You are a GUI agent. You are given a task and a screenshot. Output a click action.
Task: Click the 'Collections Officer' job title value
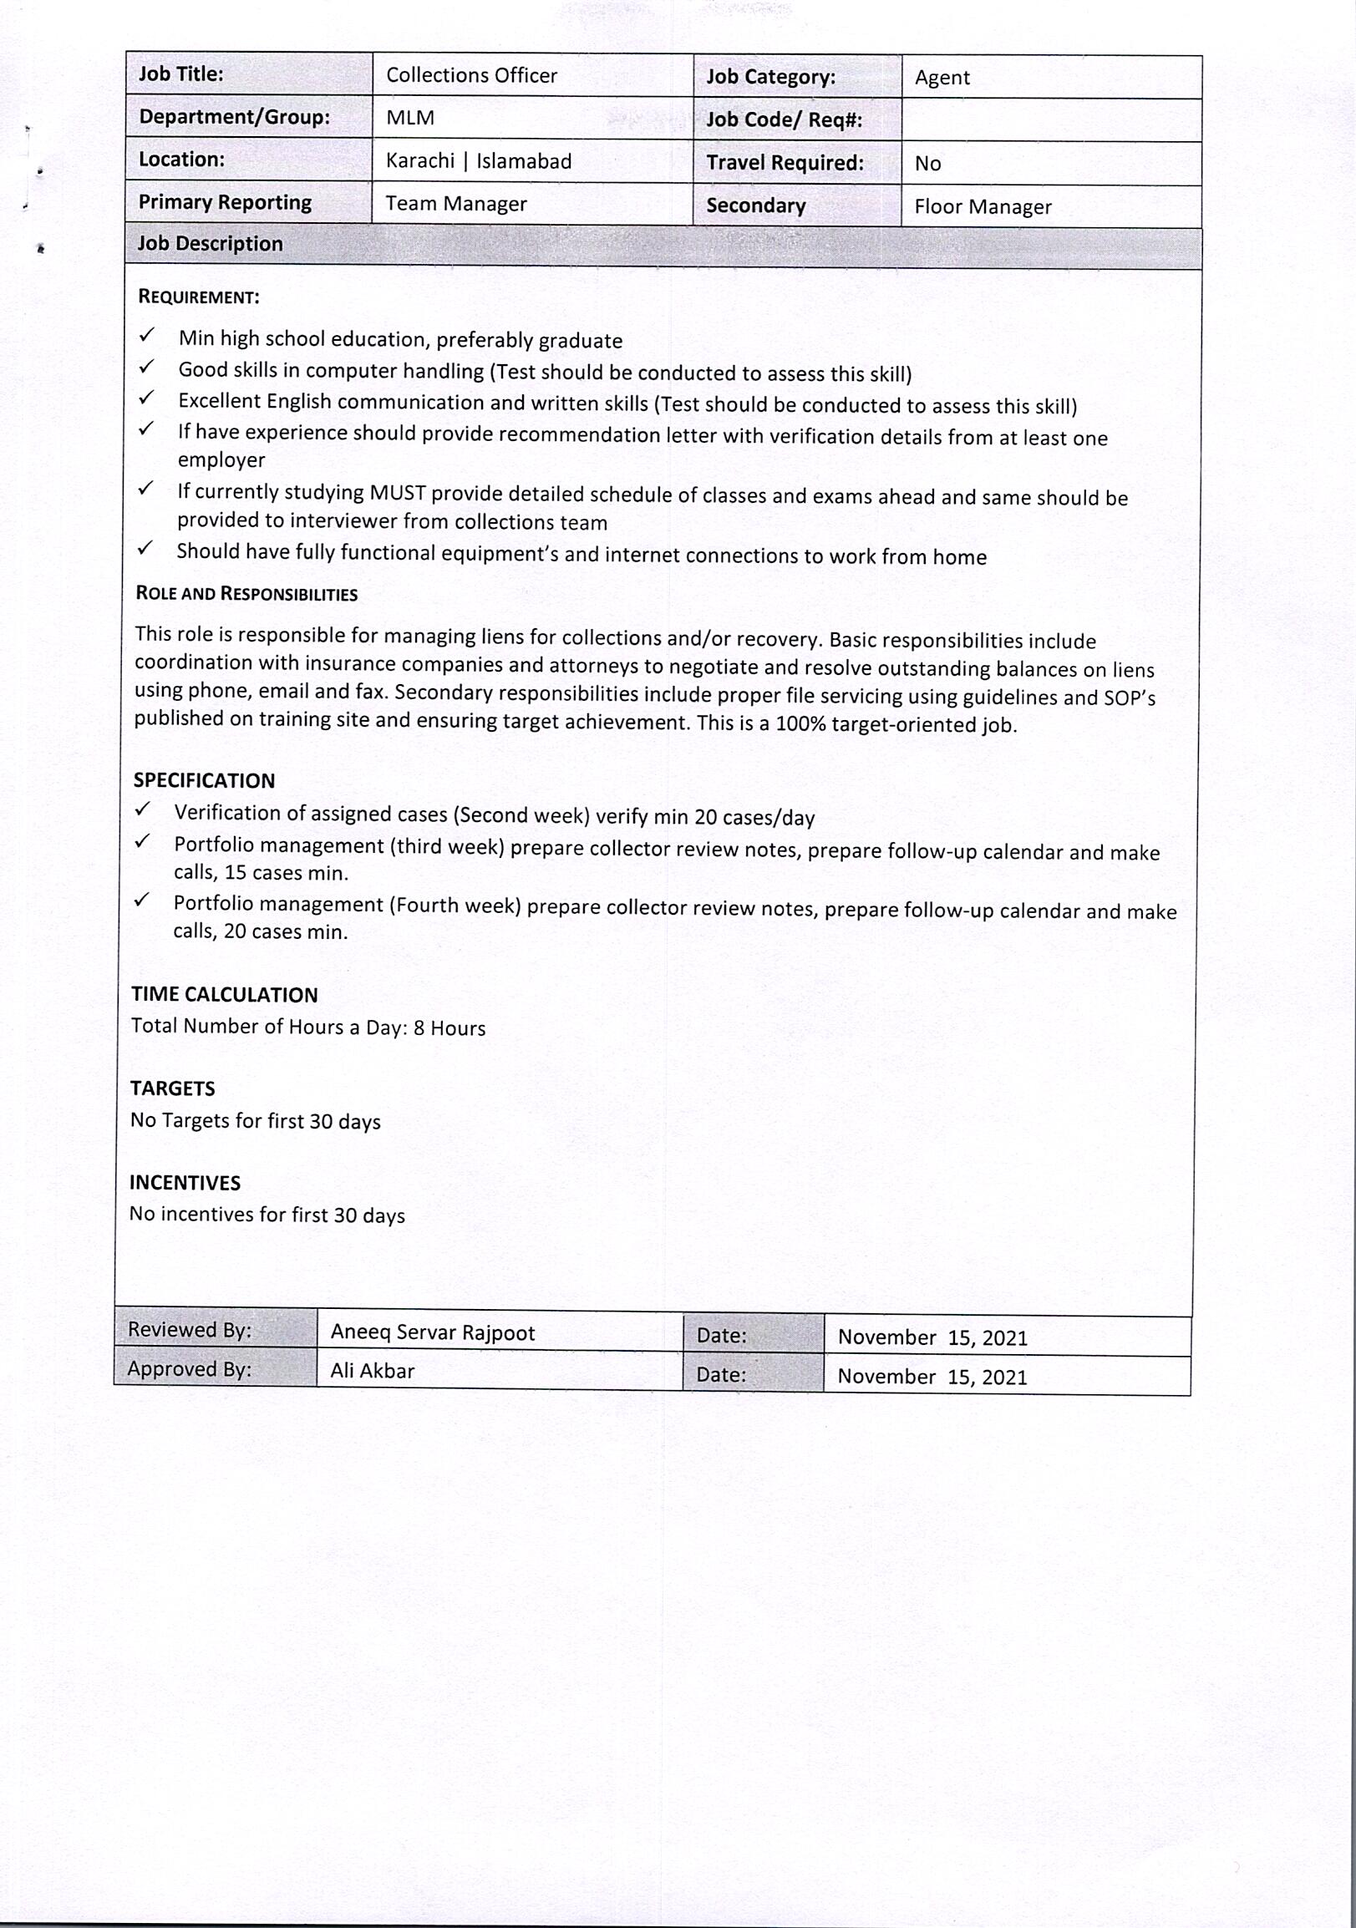point(471,75)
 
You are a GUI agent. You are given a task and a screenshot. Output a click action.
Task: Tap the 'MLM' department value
point(409,118)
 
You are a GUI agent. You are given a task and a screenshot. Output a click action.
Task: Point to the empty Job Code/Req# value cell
point(1051,120)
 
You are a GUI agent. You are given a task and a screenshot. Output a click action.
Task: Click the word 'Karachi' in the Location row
point(419,160)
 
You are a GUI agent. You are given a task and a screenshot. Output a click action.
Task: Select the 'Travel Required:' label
point(785,163)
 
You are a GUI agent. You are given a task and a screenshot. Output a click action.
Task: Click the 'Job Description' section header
point(210,244)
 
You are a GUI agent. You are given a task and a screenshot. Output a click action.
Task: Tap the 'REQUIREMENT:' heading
point(198,297)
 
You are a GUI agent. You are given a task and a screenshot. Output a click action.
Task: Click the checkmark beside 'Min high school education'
point(147,336)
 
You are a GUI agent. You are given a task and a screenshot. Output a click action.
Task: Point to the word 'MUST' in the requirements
point(397,493)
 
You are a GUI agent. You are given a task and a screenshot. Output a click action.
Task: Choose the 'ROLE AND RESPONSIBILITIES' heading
point(246,594)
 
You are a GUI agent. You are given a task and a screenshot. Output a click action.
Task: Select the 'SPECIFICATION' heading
point(204,780)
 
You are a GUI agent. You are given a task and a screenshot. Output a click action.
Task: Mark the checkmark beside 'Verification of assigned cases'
point(143,809)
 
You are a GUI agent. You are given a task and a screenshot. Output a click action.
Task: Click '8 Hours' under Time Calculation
point(449,1027)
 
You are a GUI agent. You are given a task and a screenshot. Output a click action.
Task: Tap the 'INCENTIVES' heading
point(185,1182)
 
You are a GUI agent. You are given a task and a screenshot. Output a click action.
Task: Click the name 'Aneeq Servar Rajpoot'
point(433,1332)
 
